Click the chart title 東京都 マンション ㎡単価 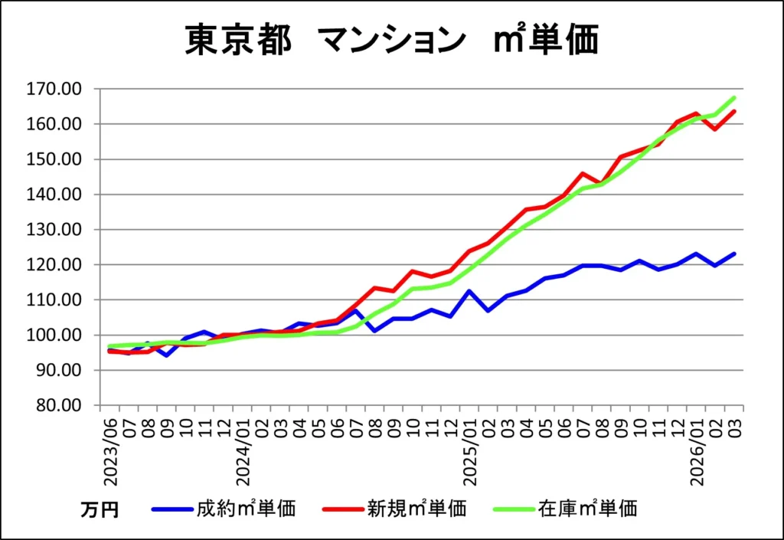391,41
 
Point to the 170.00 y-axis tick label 54,89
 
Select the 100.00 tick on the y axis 54,335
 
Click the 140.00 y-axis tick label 54,195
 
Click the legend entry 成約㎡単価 246,507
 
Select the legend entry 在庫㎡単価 587,507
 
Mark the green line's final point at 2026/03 734,97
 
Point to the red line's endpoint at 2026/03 734,111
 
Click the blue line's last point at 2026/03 734,254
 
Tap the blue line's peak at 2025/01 470,291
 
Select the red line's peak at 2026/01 696,113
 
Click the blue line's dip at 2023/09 167,355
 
